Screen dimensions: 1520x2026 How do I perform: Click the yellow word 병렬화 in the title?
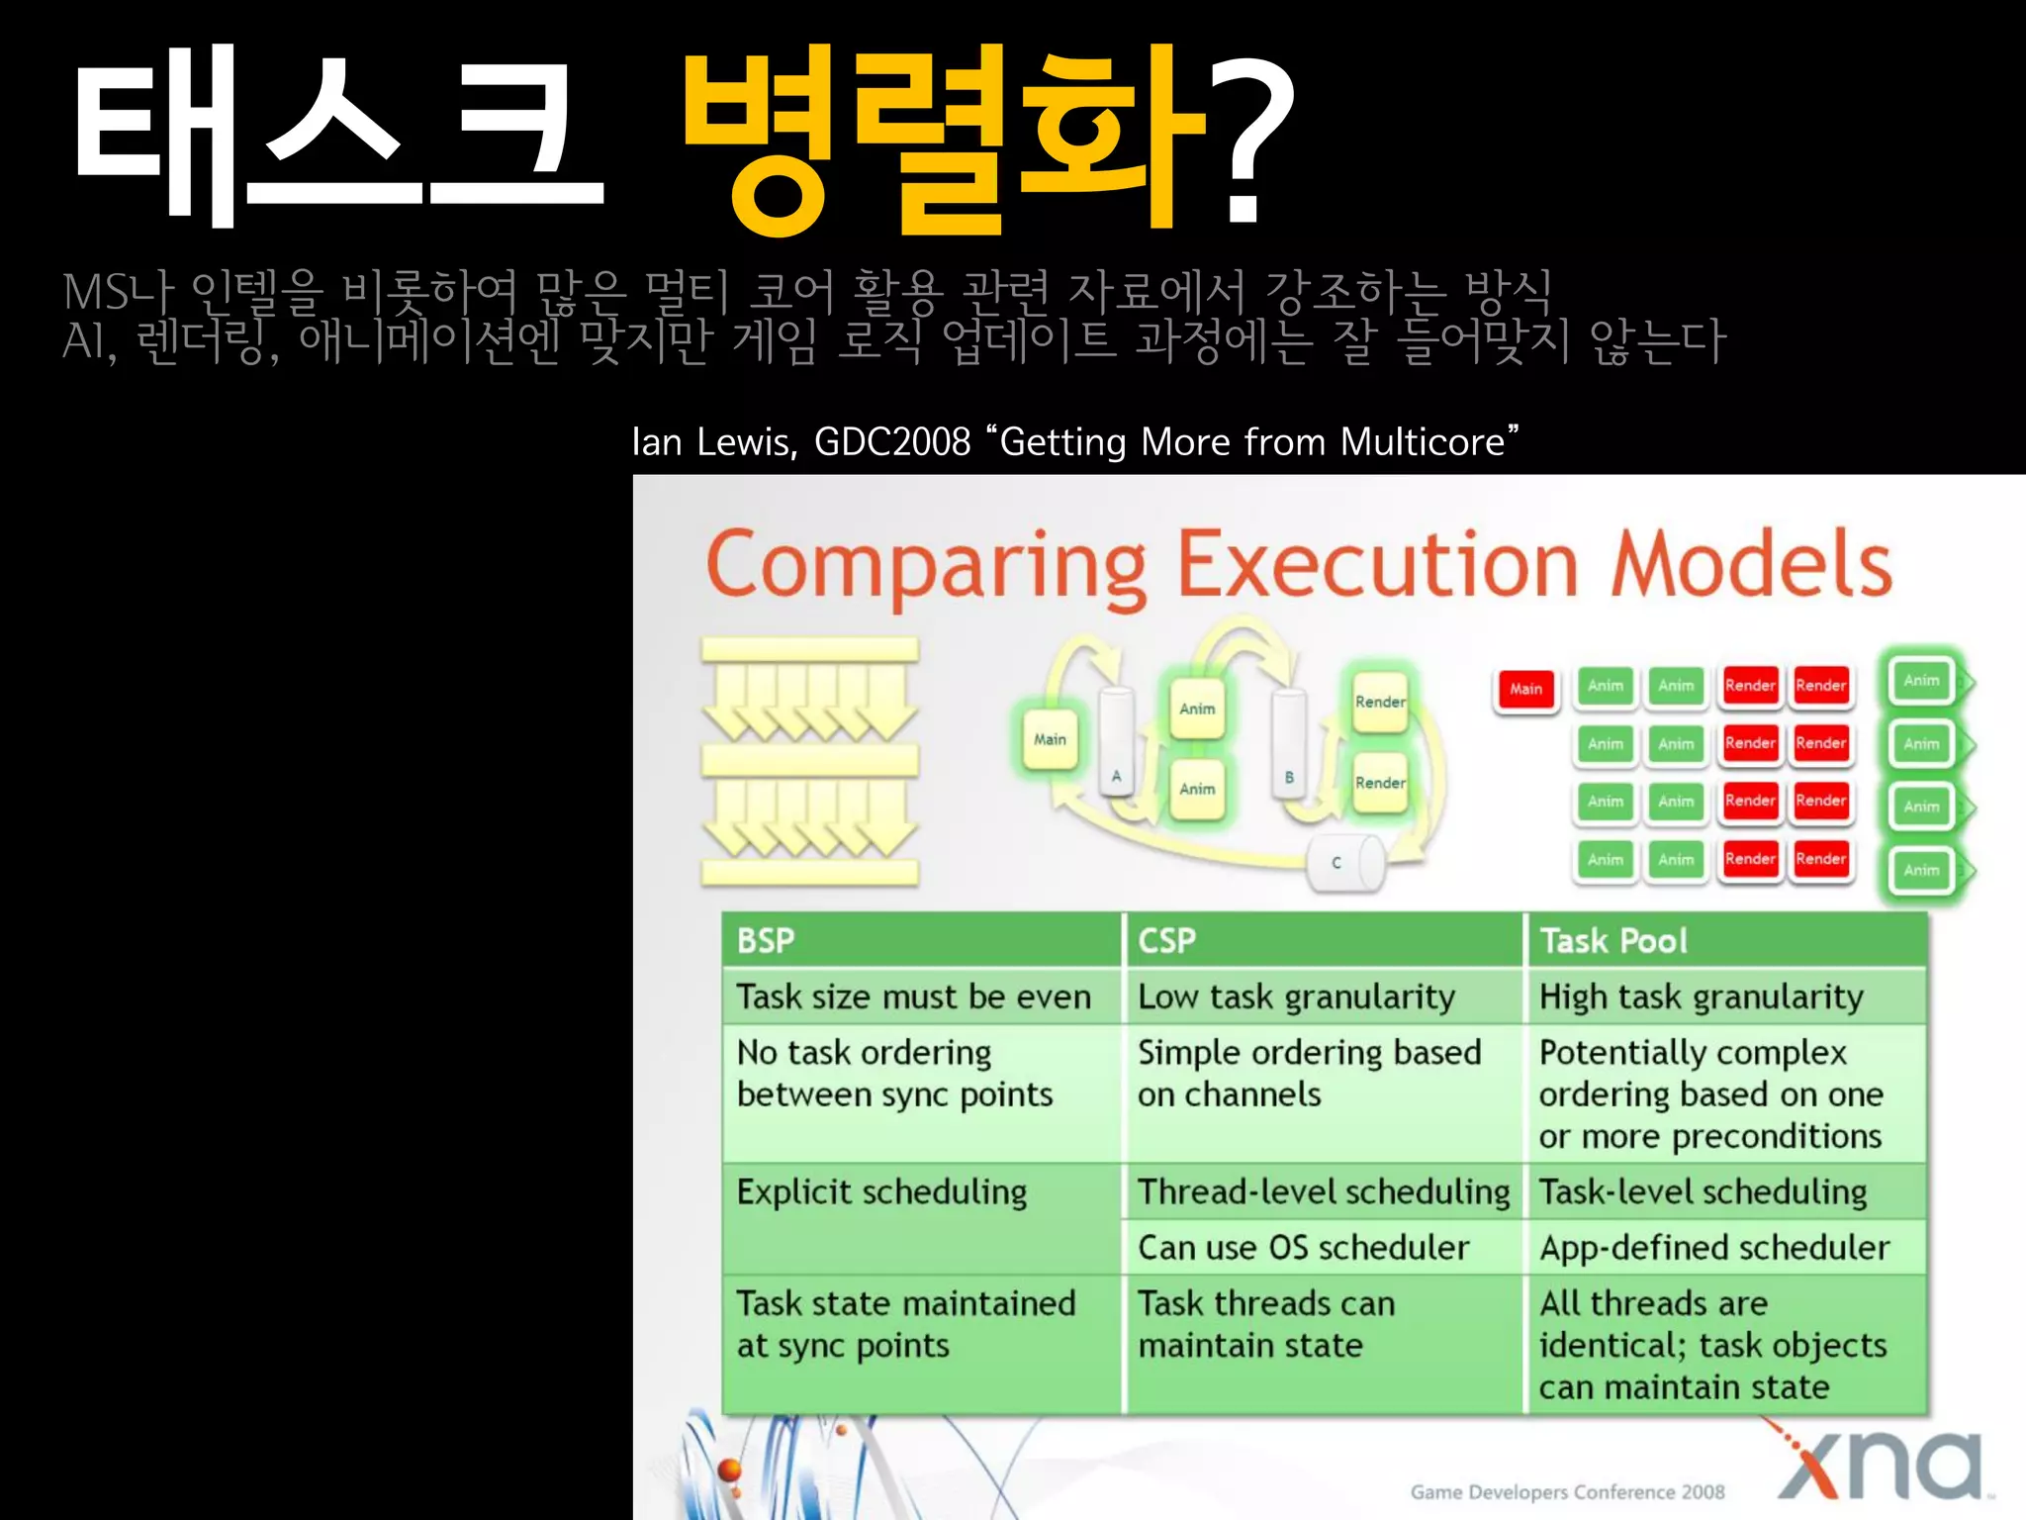pos(945,139)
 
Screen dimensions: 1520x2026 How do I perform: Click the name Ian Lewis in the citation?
pos(713,442)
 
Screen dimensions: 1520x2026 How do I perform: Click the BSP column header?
pos(766,940)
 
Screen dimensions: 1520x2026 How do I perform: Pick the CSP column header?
pos(1167,940)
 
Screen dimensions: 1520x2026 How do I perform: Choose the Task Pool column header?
pos(1613,940)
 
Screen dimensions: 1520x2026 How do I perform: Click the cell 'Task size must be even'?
pos(913,997)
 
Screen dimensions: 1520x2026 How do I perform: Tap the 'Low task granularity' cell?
pos(1296,997)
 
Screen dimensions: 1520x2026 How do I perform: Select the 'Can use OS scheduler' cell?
pos(1303,1248)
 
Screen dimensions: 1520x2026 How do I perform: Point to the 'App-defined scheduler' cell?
pos(1714,1248)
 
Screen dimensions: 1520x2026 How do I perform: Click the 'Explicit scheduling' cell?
pos(881,1192)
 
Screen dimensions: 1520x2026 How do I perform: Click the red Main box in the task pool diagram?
pos(1525,689)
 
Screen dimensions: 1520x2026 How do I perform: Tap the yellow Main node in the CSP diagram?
pos(1050,739)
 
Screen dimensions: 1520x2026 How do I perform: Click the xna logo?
pos(1880,1465)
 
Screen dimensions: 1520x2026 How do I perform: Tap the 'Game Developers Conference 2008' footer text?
pos(1567,1492)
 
